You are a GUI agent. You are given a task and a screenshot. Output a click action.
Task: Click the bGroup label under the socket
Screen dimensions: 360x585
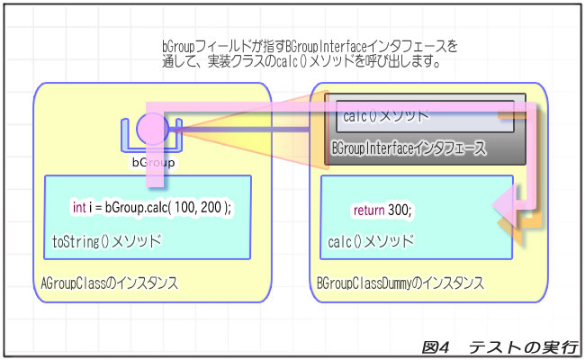pos(153,163)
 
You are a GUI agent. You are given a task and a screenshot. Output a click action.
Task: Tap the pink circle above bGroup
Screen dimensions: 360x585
pos(153,128)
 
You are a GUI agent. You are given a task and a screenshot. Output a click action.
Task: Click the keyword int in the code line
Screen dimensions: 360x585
pos(79,207)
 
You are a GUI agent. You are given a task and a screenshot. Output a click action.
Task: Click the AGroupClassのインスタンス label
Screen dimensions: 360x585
pos(109,283)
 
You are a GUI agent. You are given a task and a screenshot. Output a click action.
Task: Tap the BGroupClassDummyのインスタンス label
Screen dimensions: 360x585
pos(400,283)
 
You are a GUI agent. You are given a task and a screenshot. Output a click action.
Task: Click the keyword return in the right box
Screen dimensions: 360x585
pos(368,211)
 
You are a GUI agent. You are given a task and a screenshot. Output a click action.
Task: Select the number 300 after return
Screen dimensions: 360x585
pos(399,211)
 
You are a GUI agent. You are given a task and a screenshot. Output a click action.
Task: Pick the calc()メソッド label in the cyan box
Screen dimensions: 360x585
pos(371,241)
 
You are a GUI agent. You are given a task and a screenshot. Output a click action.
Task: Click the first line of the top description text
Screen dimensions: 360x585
pos(309,46)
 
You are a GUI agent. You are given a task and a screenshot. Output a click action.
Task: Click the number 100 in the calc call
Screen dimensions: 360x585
pos(185,207)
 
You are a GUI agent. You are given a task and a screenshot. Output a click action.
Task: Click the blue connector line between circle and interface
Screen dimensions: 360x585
pos(243,129)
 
